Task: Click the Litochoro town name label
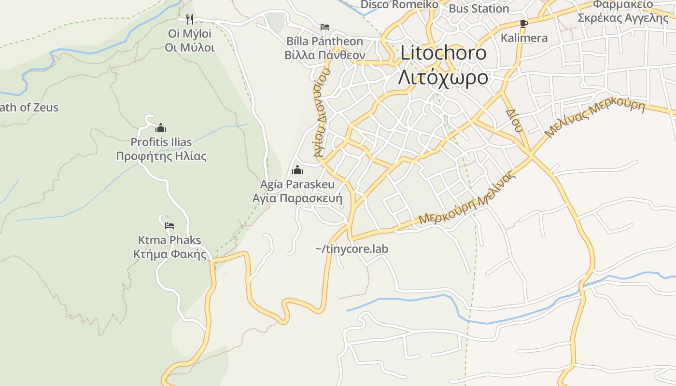pos(443,53)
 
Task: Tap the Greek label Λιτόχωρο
pos(443,77)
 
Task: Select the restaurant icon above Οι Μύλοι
pos(190,19)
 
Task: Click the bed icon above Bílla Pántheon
pos(325,27)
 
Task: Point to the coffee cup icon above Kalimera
pos(524,24)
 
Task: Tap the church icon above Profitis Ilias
pos(161,128)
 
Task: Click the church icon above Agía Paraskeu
pos(297,170)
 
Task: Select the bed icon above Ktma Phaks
pos(169,225)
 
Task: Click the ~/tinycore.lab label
pos(352,249)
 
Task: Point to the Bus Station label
pos(479,9)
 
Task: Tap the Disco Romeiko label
pos(399,5)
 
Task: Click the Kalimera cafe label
pos(524,38)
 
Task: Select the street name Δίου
pos(514,121)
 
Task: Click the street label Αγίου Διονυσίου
pos(321,112)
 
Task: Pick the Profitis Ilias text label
pos(161,142)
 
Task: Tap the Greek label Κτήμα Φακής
pos(169,254)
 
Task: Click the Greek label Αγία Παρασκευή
pos(297,199)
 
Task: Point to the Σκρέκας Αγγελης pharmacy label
pos(623,18)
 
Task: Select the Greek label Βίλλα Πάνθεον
pos(324,55)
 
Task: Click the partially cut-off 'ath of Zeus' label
pos(29,108)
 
